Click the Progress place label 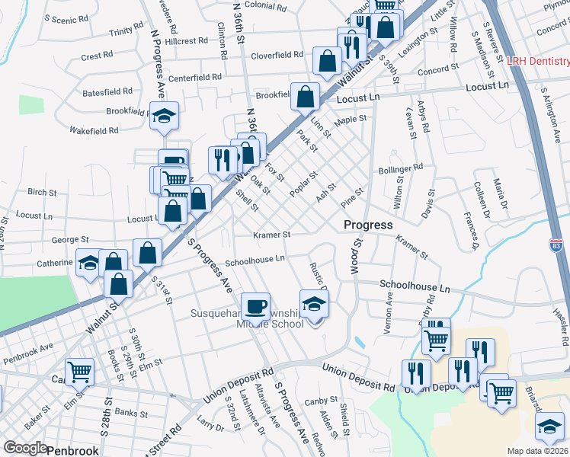coord(368,225)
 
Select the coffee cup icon coord(255,306)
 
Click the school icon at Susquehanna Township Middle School coord(313,304)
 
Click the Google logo coord(24,448)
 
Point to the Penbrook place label coord(72,450)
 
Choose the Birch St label coord(42,193)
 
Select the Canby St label coord(321,401)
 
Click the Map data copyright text coord(538,451)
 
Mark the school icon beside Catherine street coord(89,264)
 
